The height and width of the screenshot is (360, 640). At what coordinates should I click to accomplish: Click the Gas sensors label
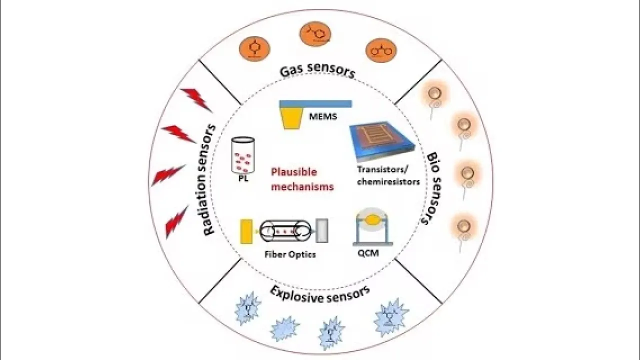[317, 71]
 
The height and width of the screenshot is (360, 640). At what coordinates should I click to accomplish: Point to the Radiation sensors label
[210, 180]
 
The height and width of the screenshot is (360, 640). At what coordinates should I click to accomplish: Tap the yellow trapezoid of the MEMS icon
[291, 119]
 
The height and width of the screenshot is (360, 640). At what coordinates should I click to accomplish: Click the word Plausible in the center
[294, 172]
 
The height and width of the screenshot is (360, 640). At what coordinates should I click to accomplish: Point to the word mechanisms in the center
[302, 187]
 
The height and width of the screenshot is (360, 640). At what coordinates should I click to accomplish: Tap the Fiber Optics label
[290, 254]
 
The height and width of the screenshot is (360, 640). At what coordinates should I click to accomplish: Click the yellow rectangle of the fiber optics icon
[245, 231]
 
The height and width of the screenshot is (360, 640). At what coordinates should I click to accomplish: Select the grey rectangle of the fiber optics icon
[322, 230]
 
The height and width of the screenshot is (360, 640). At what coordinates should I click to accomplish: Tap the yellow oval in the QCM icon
[372, 219]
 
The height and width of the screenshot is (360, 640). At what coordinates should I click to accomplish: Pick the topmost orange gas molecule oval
[315, 34]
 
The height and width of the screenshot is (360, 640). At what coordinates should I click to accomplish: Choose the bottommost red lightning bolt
[176, 221]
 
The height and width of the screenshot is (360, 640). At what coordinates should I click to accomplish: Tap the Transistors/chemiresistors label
[388, 175]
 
